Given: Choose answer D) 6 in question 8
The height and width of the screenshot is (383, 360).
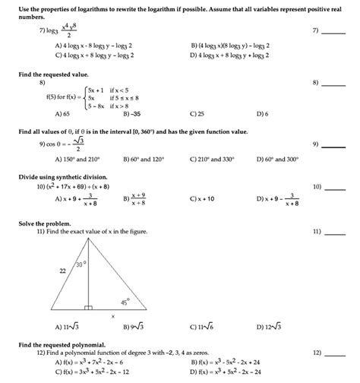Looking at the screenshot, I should [262, 112].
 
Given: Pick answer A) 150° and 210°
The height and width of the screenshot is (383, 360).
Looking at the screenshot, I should [77, 160].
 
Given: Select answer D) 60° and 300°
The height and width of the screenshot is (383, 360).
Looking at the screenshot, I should [282, 160].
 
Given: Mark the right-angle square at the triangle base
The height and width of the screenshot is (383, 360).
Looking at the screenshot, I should [88, 309].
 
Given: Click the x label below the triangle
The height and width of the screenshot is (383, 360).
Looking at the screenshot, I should [113, 316].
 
